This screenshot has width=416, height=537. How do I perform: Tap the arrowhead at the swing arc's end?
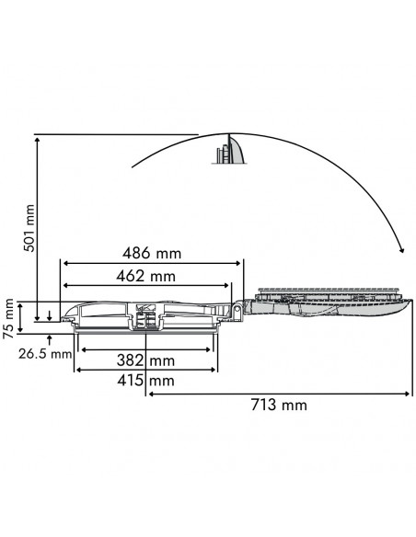[x=401, y=249]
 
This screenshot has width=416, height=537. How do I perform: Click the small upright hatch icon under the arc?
[x=232, y=151]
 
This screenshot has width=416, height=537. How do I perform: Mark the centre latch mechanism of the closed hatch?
[x=145, y=317]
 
